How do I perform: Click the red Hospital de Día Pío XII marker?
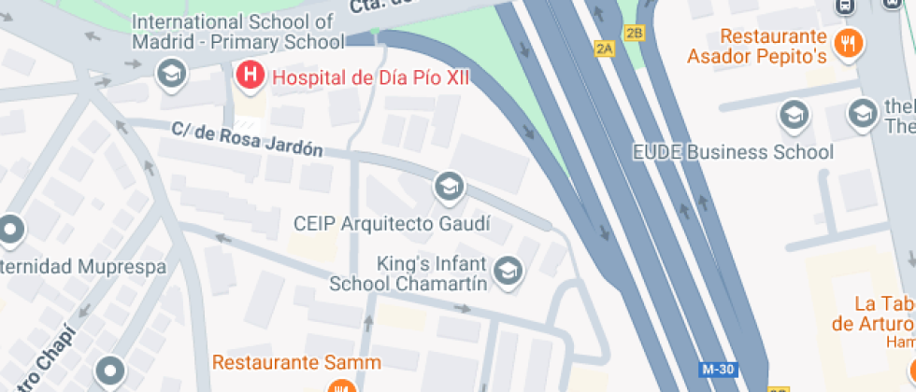click(250, 76)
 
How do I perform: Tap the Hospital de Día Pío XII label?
click(370, 77)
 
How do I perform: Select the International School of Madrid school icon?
click(170, 73)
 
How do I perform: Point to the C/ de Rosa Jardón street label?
click(248, 141)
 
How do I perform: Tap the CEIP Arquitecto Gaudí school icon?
click(450, 187)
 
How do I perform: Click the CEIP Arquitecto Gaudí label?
click(392, 224)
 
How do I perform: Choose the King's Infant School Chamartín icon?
click(508, 272)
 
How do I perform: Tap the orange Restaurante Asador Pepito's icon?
click(848, 42)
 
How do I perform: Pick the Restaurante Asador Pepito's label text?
click(757, 47)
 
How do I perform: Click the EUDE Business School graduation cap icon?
click(794, 115)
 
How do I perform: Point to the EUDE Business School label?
click(733, 151)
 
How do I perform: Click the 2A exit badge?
click(605, 49)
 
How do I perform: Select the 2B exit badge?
click(635, 34)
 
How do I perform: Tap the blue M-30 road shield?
click(717, 370)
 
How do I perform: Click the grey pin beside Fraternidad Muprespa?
click(11, 229)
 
